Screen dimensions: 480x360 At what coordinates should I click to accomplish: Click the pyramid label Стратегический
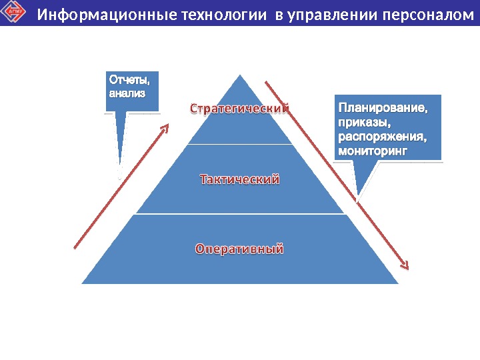pos(240,108)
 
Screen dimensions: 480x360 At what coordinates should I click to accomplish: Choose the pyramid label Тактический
pos(240,180)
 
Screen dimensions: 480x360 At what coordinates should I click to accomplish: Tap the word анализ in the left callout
pos(126,94)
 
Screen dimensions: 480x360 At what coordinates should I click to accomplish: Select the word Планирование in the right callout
pos(382,108)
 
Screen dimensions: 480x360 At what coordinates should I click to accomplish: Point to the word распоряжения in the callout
pos(381,137)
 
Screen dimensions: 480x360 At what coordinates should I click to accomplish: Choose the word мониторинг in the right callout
pos(372,151)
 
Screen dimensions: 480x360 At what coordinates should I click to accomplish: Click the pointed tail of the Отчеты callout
pos(121,163)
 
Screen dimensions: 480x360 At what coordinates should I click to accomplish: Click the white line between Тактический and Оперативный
pos(240,214)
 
